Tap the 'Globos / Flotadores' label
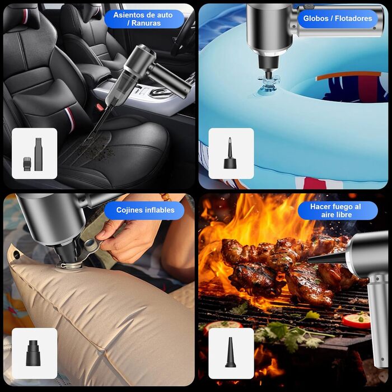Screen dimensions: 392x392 tap(338, 18)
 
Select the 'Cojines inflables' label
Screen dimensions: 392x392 tap(145, 210)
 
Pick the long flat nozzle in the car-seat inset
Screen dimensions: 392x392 tap(39, 154)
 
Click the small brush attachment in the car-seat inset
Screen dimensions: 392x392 tap(27, 164)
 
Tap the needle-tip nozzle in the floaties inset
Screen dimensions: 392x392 tap(230, 153)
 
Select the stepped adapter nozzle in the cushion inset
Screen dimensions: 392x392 tap(33, 353)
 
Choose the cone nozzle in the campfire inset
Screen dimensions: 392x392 tap(230, 352)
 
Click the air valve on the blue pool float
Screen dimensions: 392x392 tap(268, 84)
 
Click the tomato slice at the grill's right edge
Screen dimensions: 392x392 tap(357, 320)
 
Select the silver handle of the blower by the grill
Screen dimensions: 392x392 tap(378, 320)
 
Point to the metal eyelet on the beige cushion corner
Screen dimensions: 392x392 tap(16, 254)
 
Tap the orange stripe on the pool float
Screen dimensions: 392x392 tap(348, 75)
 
